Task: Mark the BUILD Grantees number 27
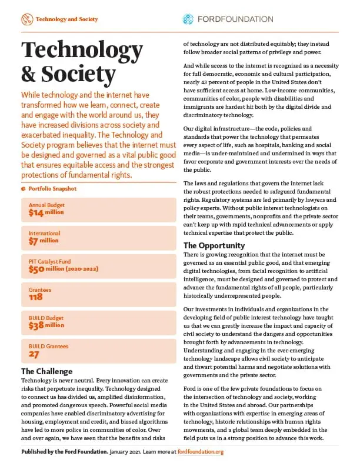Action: coord(34,355)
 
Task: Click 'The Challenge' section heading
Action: coord(46,371)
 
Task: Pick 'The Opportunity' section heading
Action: coord(214,245)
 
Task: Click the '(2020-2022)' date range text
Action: coord(92,269)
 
